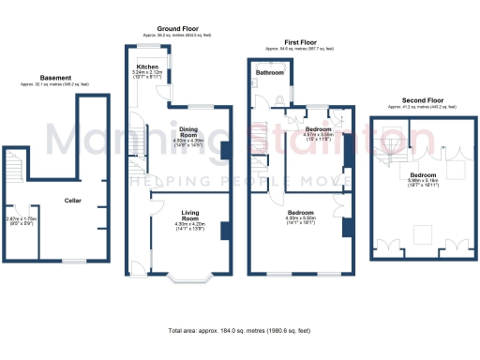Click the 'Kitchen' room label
[x=147, y=67]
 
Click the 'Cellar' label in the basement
[x=72, y=201]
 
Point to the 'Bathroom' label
[x=271, y=72]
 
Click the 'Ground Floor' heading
[x=175, y=29]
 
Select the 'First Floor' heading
[x=300, y=40]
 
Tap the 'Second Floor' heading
[x=421, y=100]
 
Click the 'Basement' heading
[x=57, y=77]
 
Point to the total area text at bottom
[x=239, y=331]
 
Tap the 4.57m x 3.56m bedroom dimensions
[x=319, y=134]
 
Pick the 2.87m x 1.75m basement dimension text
[x=21, y=220]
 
